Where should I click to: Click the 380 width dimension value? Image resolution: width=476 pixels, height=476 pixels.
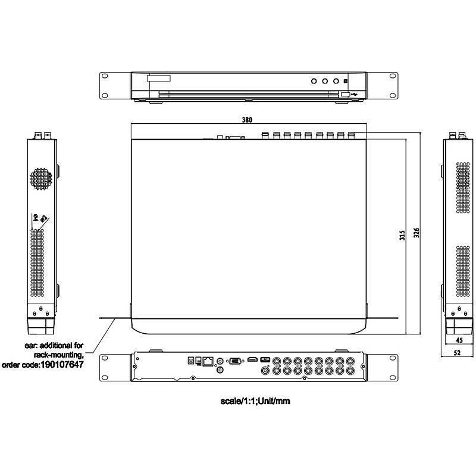click(248, 120)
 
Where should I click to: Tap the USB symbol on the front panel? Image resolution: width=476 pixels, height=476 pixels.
click(356, 93)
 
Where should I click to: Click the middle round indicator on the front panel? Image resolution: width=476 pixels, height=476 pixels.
click(325, 80)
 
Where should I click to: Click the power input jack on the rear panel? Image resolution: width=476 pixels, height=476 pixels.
click(192, 361)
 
